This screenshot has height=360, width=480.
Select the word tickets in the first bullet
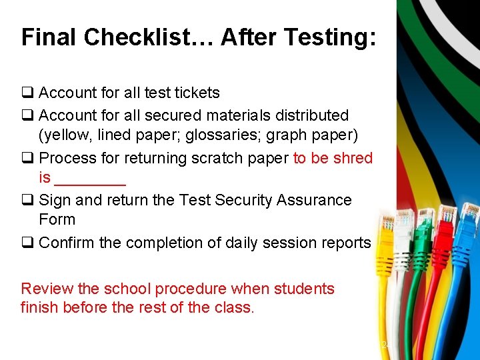[x=195, y=93]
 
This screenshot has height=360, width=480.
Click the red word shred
[x=353, y=158]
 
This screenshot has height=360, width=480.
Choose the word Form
[x=57, y=219]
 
